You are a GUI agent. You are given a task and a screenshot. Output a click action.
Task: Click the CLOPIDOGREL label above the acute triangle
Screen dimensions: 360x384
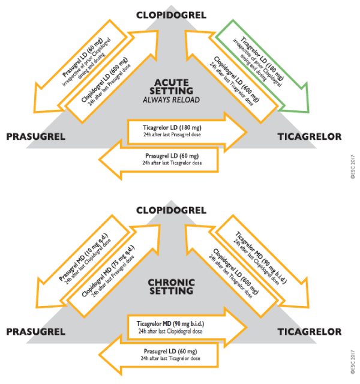tap(171, 15)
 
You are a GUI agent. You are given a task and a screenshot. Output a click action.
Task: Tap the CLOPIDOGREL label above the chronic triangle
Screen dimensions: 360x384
tap(171, 211)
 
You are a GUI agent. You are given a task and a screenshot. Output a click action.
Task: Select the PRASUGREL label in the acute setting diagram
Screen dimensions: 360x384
tap(36, 137)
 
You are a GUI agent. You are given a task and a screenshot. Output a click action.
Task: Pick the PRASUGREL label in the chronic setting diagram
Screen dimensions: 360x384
tap(36, 332)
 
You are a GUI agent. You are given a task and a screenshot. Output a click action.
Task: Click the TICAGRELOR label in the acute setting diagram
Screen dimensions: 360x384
tap(310, 137)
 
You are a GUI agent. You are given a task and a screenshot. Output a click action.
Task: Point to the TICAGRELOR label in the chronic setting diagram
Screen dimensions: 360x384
tap(310, 332)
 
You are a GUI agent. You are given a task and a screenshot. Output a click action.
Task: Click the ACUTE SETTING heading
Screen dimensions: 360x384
tap(172, 86)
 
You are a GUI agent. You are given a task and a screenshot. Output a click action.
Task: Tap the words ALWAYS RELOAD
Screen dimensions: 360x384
tap(172, 100)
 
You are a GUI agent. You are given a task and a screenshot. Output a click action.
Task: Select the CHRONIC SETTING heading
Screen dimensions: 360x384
tap(172, 287)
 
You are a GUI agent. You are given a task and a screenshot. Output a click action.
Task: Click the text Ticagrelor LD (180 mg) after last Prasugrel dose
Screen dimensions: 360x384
tap(172, 131)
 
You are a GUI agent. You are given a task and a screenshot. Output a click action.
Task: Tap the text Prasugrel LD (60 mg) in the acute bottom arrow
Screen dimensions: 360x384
tap(172, 159)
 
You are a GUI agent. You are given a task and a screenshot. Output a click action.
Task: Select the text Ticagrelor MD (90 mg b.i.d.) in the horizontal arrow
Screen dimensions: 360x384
tap(170, 327)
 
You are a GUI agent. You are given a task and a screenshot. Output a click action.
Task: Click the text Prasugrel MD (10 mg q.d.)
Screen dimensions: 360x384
tap(83, 257)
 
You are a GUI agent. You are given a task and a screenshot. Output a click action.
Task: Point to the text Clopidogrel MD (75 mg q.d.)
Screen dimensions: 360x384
tap(108, 271)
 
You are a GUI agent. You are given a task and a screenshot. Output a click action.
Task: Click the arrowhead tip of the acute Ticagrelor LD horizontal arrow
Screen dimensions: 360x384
tap(247, 132)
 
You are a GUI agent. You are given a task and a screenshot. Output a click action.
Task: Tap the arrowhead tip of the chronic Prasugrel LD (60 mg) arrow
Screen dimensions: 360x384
tap(99, 355)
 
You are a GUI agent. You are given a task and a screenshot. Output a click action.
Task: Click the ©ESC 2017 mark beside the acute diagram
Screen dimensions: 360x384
tap(353, 167)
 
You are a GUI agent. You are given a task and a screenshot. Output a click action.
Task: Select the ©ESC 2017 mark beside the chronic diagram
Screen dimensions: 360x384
tap(353, 362)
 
